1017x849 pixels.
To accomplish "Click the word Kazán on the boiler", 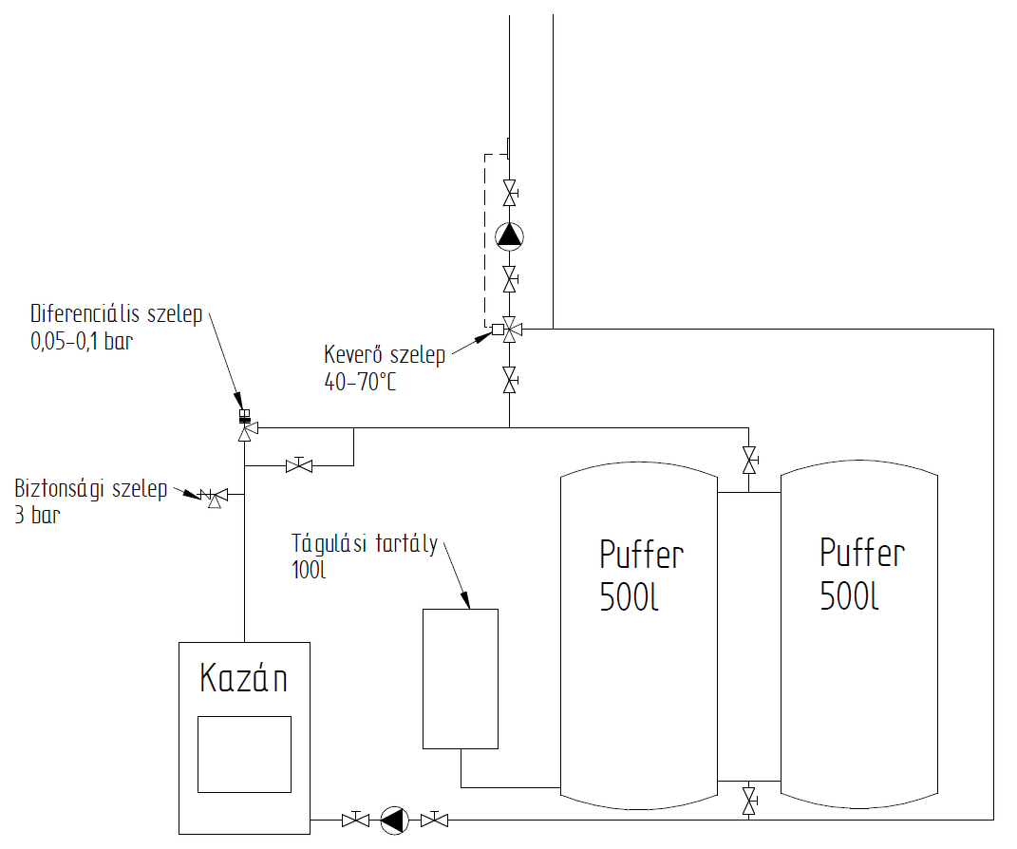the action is pos(244,679).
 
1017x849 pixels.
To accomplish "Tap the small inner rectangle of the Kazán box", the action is pos(244,754).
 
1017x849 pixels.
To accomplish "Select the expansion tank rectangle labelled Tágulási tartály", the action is pos(461,678).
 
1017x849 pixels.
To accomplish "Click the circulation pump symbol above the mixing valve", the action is pos(510,235).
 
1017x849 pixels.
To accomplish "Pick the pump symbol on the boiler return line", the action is pos(393,819).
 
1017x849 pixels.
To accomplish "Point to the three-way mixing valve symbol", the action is pos(510,330).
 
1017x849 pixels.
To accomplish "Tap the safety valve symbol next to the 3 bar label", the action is pos(215,496).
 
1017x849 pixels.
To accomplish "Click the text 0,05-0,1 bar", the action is pos(82,342).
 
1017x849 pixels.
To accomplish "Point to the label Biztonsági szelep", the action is pos(91,490).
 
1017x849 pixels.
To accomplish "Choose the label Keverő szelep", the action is pos(385,356).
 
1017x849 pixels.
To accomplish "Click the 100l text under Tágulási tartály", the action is pos(310,571).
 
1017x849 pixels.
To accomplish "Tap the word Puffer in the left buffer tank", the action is pos(642,554).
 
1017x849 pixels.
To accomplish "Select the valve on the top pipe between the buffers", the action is pos(749,462).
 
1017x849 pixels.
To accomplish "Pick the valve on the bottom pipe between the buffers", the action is pos(749,800).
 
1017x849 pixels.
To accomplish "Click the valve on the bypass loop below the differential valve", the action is pos(299,465).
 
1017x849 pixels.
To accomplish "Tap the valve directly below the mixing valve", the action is pos(510,381).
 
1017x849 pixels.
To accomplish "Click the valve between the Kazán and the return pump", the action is pos(355,819).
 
